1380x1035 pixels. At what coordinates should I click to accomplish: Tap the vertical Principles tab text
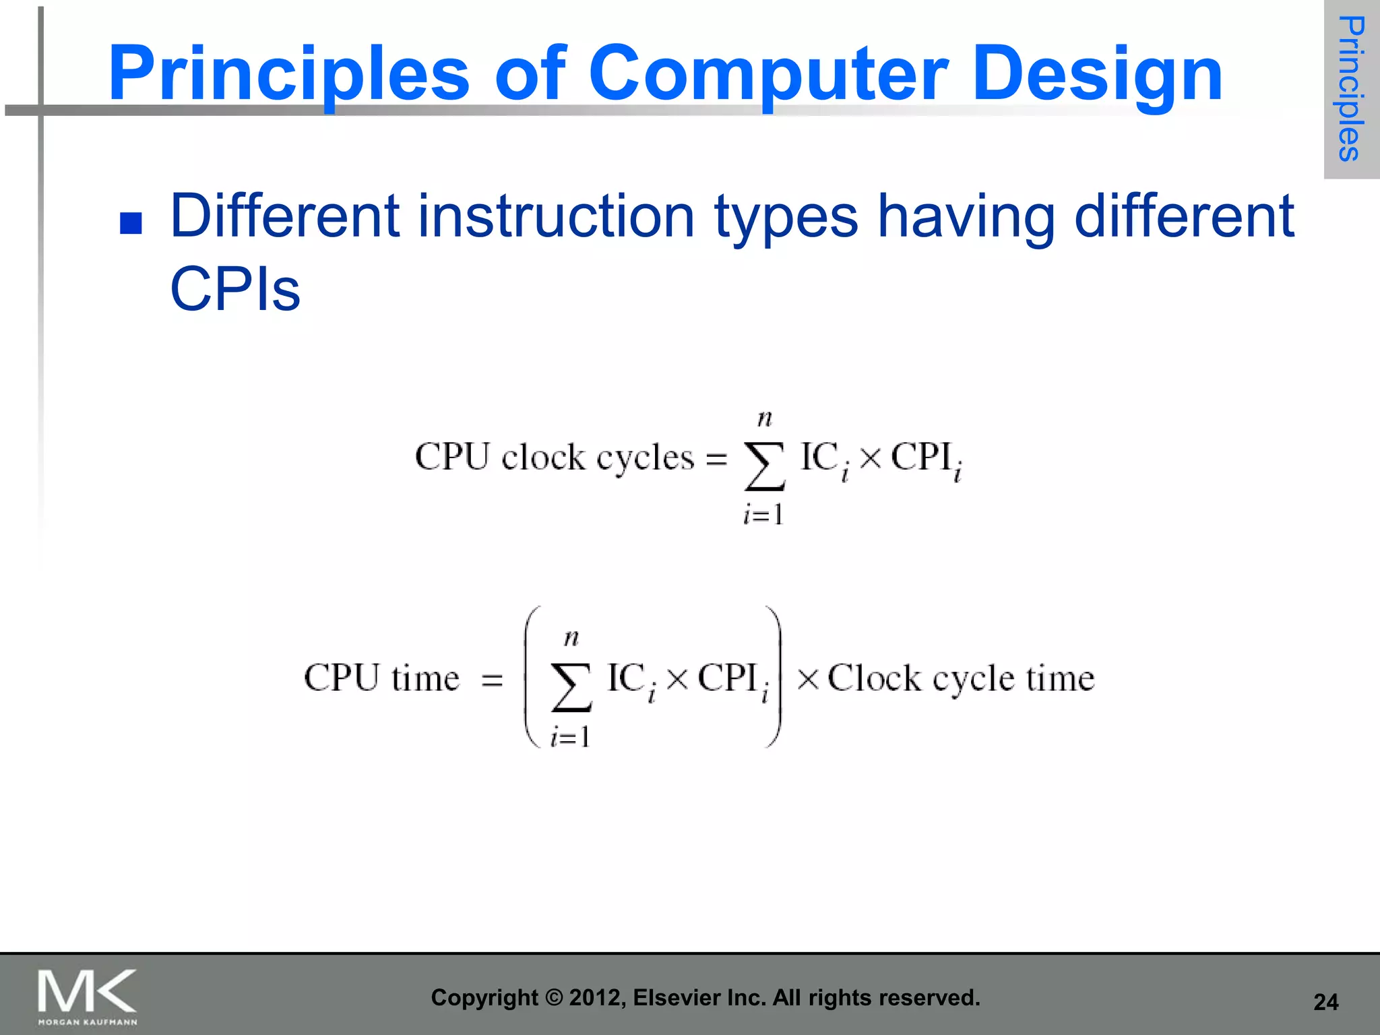click(x=1350, y=89)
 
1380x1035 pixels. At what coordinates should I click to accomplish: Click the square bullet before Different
click(x=131, y=223)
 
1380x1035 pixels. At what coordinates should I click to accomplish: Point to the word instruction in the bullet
click(x=556, y=217)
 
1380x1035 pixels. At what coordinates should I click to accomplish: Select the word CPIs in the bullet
click(x=234, y=290)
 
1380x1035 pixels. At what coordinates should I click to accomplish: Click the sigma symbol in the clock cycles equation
click(x=764, y=466)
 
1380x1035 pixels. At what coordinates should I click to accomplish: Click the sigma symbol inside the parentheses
click(x=571, y=687)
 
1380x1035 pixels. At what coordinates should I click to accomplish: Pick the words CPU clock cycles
click(x=554, y=458)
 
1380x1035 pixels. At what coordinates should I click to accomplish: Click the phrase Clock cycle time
click(x=961, y=679)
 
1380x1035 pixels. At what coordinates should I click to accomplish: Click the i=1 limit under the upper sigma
click(x=763, y=515)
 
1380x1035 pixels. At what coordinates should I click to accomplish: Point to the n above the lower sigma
click(x=571, y=637)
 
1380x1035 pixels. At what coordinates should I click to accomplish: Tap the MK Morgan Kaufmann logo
click(x=87, y=996)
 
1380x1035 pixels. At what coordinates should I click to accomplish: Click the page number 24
click(x=1325, y=1002)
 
